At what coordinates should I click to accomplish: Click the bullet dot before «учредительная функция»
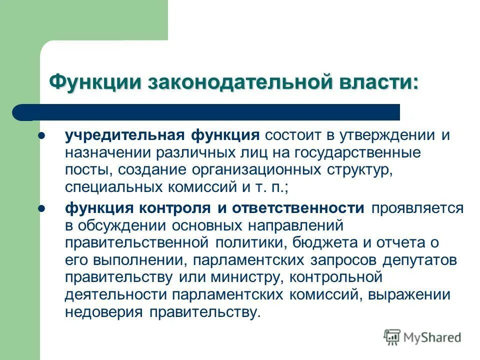42,135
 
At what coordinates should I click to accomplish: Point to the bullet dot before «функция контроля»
42,207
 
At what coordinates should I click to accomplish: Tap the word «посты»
83,169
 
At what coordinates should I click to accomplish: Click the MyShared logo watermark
422,337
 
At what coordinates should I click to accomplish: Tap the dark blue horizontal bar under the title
206,112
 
